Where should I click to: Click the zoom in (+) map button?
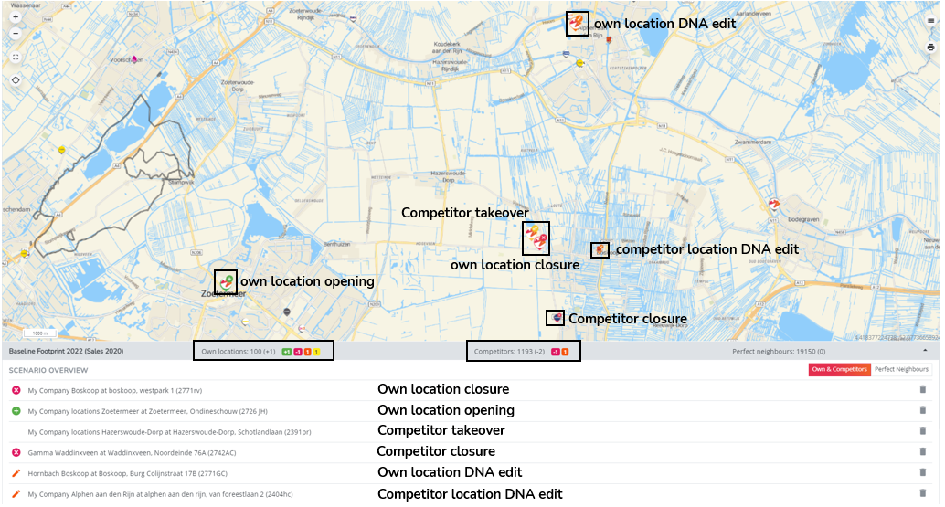(x=16, y=17)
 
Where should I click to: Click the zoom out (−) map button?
(x=16, y=34)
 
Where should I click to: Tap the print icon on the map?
(x=930, y=47)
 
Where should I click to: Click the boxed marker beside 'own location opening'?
(x=226, y=282)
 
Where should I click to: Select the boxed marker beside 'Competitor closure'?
(x=555, y=318)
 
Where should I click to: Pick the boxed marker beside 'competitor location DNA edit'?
(x=600, y=250)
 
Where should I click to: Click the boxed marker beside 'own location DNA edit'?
(x=577, y=24)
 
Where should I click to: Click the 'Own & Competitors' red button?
(x=839, y=369)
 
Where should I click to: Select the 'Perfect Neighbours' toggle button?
(x=901, y=369)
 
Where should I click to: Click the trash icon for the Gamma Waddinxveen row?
(x=922, y=451)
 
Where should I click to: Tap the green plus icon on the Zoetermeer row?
(x=16, y=411)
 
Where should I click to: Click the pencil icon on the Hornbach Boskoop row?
(x=16, y=473)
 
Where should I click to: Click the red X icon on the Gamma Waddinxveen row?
(x=16, y=452)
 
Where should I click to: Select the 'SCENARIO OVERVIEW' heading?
(x=48, y=370)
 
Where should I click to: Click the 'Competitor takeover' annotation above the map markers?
(x=465, y=212)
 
